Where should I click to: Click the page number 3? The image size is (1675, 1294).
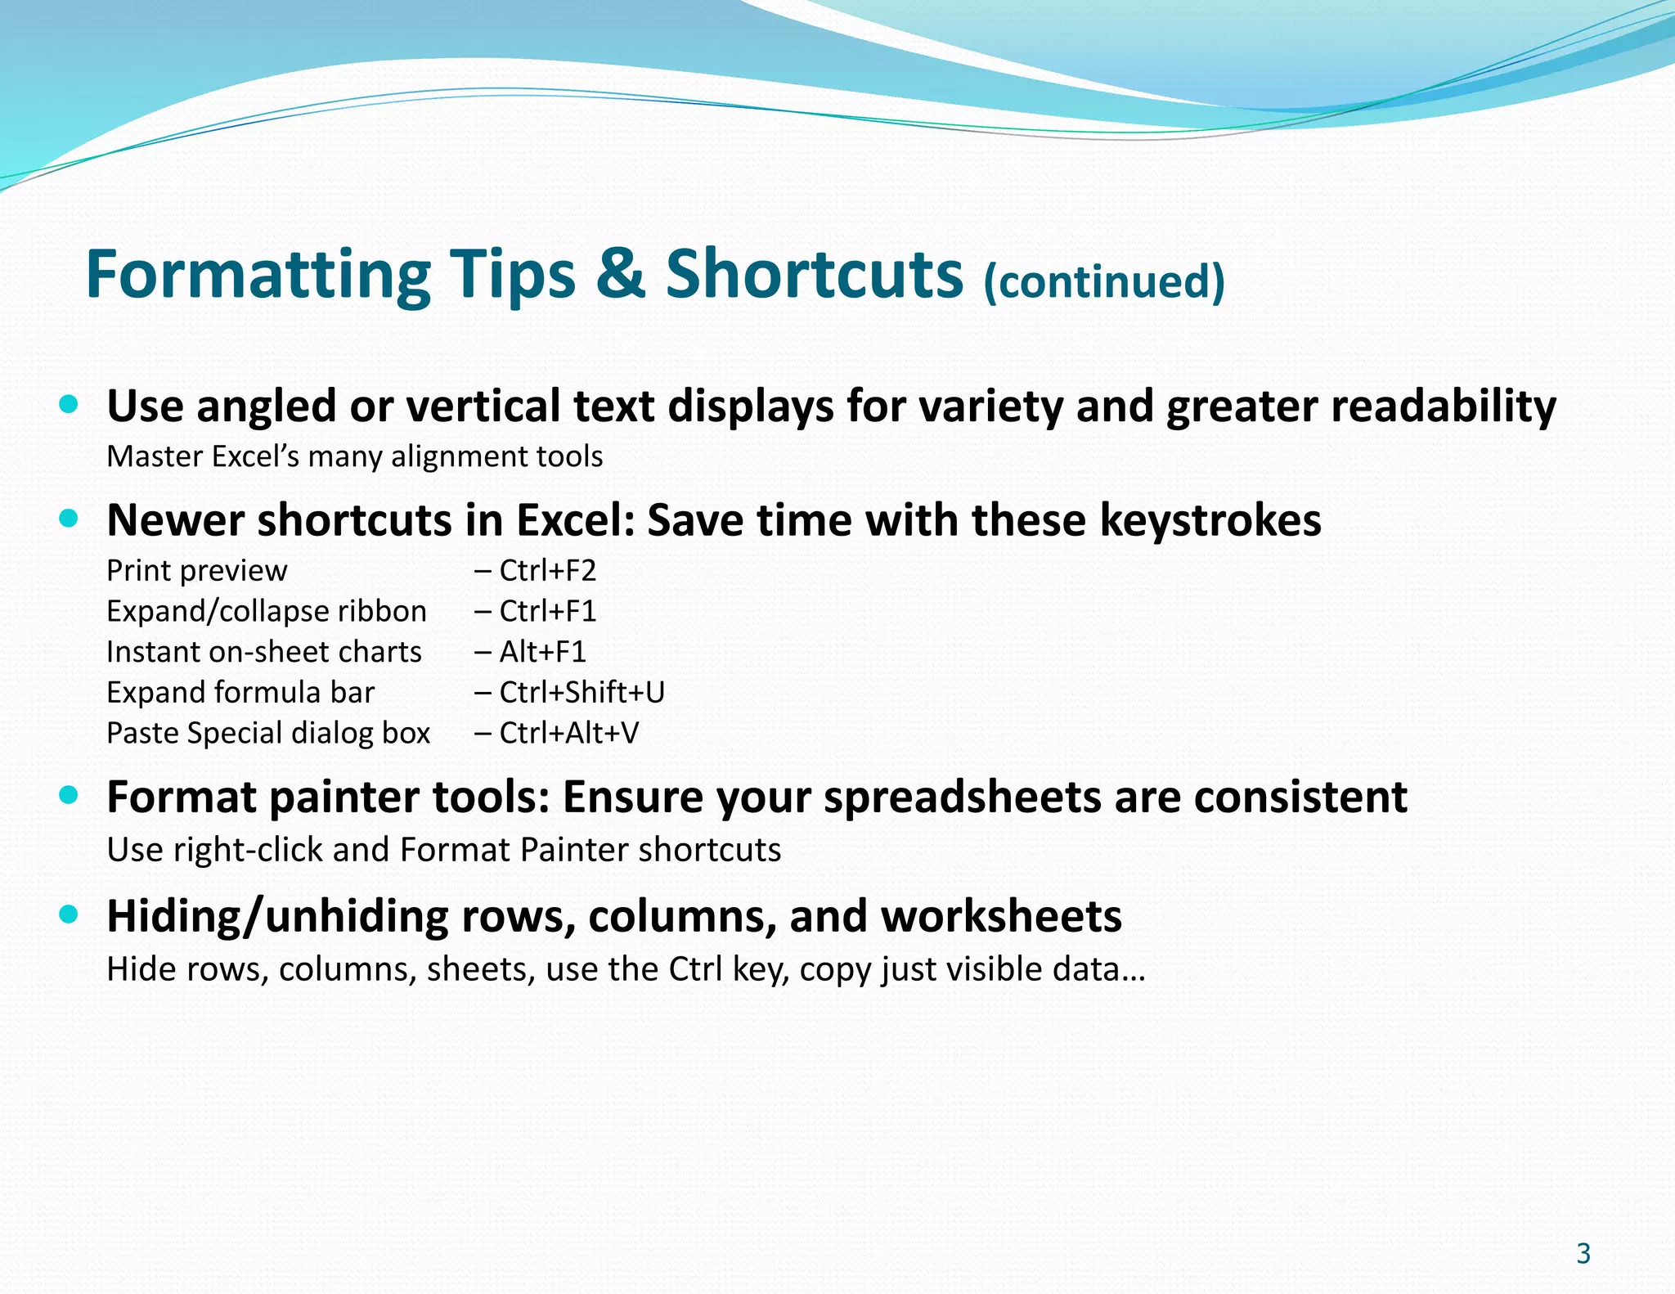[1583, 1253]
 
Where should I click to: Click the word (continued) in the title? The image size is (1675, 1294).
[1103, 281]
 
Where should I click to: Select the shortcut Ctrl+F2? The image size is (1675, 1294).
[547, 570]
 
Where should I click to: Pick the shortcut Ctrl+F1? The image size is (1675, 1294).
[547, 611]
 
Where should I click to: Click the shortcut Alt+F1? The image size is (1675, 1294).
[542, 652]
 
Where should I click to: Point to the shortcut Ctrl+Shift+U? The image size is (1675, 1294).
[582, 692]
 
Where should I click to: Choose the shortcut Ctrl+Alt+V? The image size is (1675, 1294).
[568, 733]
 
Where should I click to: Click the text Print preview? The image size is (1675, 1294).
[197, 570]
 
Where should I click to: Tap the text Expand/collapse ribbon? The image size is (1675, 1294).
[267, 611]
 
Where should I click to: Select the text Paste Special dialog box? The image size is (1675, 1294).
[268, 733]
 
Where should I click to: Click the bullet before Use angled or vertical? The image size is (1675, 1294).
[70, 403]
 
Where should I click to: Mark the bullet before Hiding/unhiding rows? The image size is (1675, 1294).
[70, 914]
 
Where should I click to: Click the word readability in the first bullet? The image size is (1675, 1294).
[1443, 407]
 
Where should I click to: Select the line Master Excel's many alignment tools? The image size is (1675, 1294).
[355, 456]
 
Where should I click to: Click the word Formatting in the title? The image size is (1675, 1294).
[258, 275]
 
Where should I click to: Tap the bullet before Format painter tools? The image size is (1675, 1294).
[70, 795]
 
